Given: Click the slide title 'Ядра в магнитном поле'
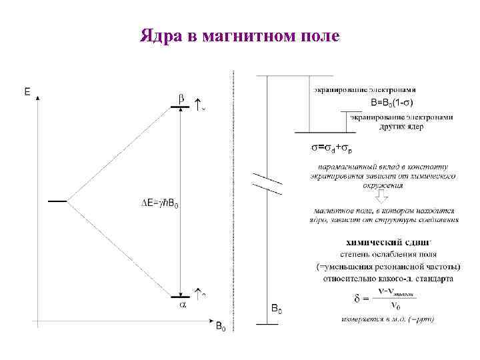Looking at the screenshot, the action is (239, 35).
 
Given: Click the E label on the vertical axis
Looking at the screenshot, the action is (27, 93).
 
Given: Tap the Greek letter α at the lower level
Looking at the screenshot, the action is (181, 305).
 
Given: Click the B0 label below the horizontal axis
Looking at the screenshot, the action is (220, 327).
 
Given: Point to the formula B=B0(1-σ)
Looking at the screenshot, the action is (391, 103).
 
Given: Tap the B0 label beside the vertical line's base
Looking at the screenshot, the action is (277, 309).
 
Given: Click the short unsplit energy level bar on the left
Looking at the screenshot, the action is (57, 200).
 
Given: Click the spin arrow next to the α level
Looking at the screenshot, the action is (198, 293).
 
